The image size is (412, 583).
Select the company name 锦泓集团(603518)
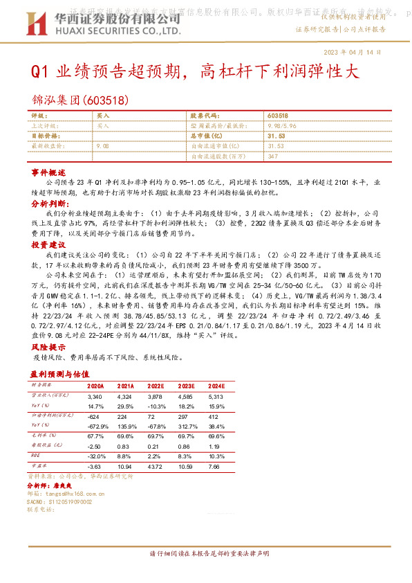tap(80, 100)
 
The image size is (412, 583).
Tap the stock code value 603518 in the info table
tap(278, 116)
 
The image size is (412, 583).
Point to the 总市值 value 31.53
tap(275, 136)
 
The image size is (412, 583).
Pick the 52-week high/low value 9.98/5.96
tap(282, 126)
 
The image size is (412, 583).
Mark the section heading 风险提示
tap(48, 347)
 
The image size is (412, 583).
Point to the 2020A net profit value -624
tap(94, 418)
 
